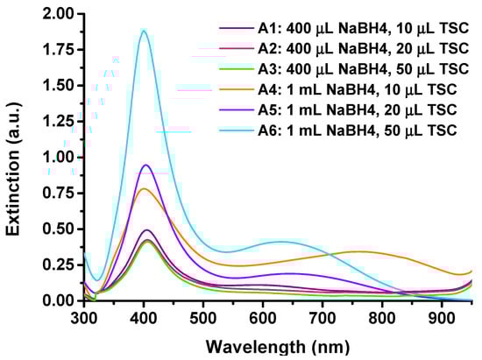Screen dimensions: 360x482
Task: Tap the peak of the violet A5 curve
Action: pos(146,165)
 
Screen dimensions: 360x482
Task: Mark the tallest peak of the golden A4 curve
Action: pos(145,188)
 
